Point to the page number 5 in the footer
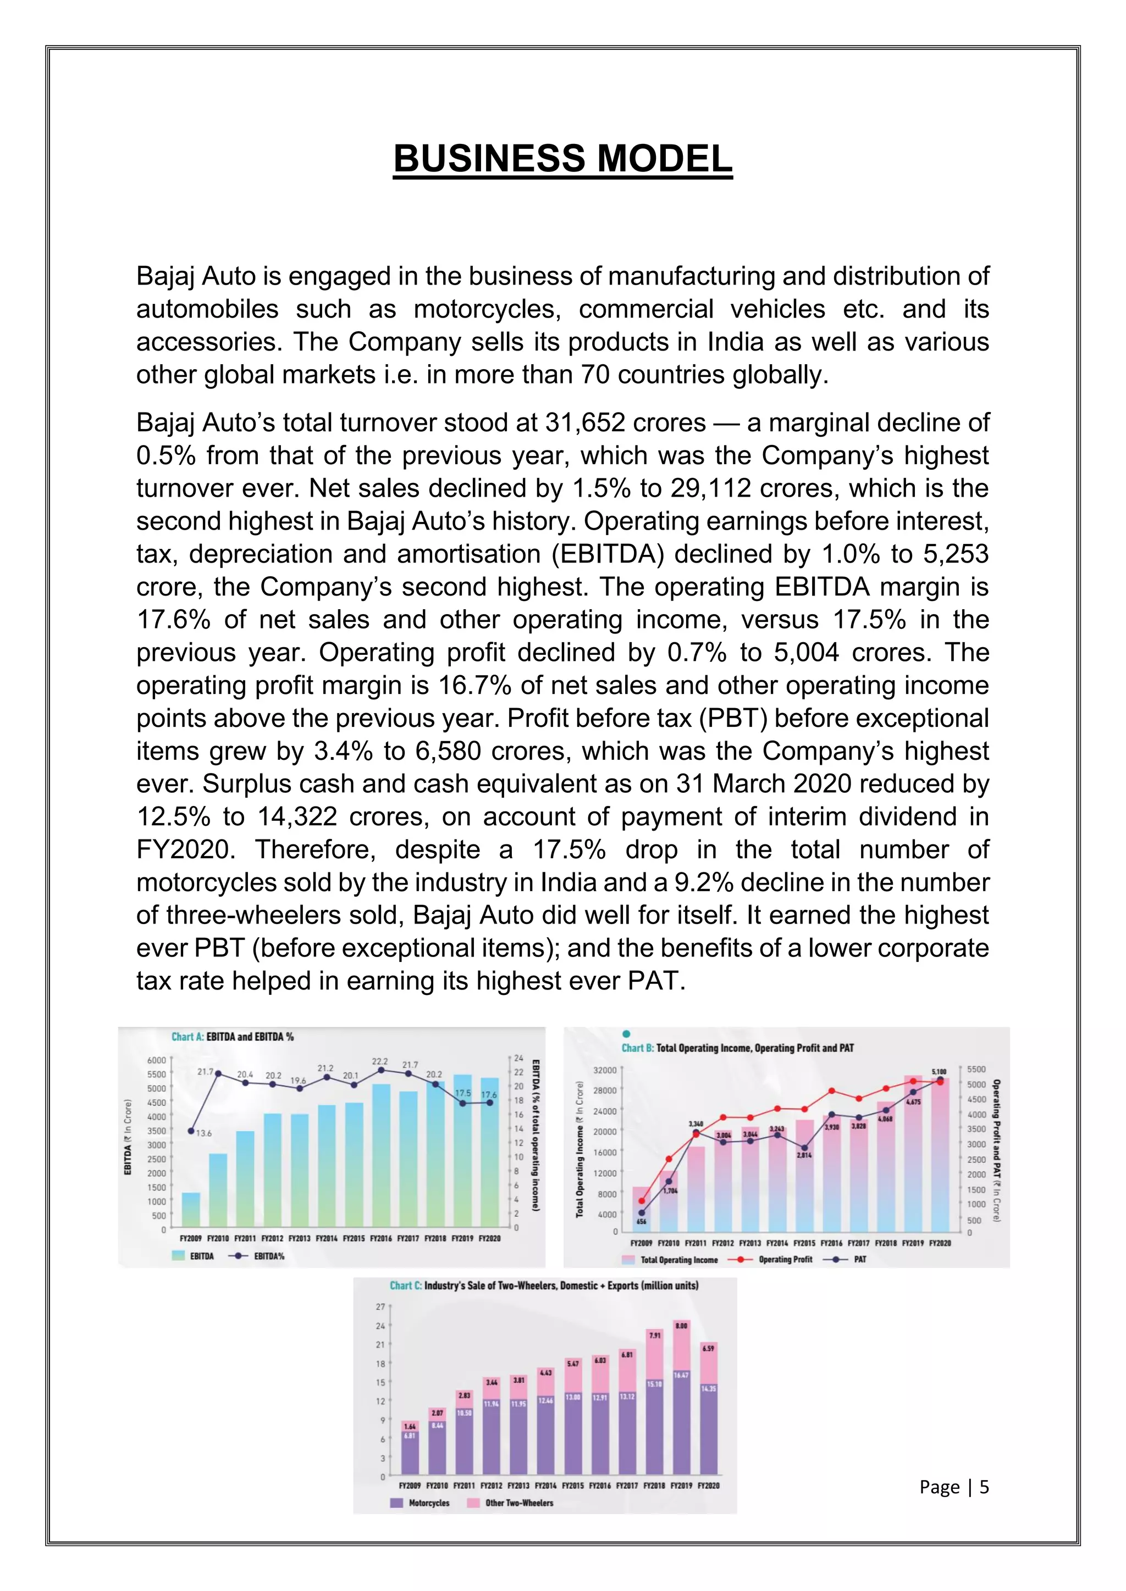click(984, 1487)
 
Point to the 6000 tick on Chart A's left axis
click(156, 1060)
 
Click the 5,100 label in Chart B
click(939, 1072)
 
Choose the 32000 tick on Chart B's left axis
click(605, 1071)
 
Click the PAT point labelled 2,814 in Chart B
click(804, 1148)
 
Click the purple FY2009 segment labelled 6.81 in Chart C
click(410, 1455)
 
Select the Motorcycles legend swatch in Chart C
click(396, 1503)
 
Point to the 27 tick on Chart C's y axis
click(380, 1307)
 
